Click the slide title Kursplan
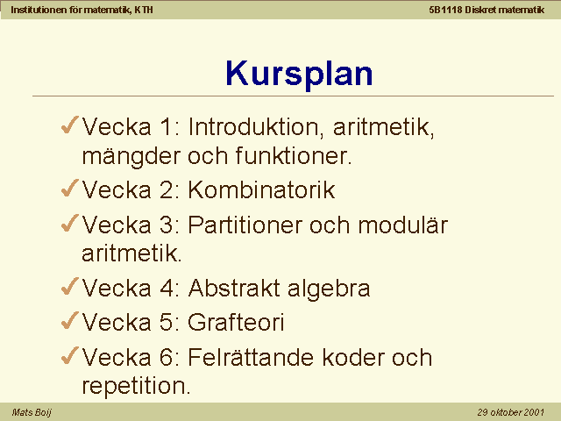299,74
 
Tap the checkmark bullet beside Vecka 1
70,125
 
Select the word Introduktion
256,126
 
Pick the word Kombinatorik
261,189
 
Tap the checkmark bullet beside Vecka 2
70,188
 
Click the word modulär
403,225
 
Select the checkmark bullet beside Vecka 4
70,286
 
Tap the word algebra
329,289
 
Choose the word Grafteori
236,322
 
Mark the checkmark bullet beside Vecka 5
70,320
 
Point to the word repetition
137,387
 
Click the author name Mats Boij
32,412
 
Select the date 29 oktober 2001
510,412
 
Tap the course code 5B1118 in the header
445,10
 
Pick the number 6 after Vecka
167,357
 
